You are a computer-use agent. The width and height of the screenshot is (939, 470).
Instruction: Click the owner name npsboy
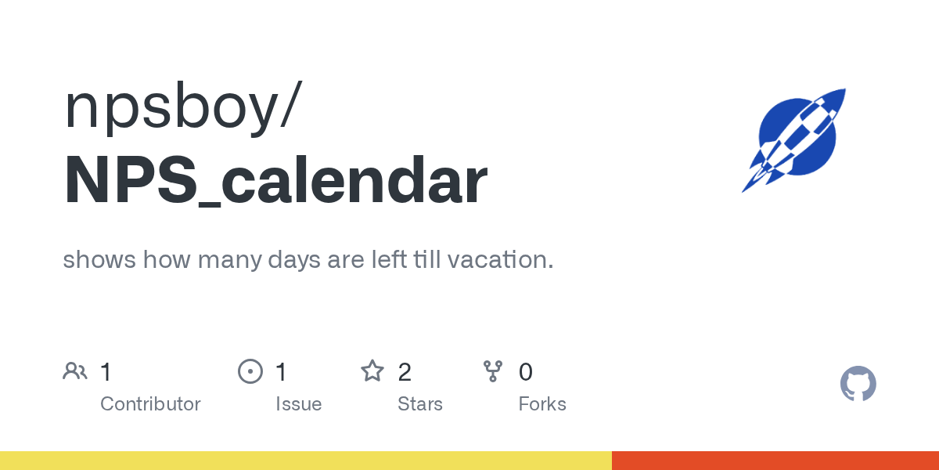coord(172,107)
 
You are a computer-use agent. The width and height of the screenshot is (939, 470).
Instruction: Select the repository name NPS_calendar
coord(275,179)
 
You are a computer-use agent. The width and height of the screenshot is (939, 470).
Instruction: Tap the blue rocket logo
coord(794,140)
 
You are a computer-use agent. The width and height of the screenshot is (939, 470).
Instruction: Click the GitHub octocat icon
coord(858,384)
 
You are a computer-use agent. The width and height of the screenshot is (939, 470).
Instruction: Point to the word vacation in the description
coord(501,259)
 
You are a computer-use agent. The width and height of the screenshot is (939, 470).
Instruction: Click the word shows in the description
coord(99,259)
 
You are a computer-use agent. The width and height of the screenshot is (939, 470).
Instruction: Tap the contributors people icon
coord(75,371)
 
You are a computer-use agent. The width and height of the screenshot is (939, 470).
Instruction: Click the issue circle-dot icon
coord(250,371)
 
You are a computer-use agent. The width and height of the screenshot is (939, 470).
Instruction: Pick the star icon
coord(372,371)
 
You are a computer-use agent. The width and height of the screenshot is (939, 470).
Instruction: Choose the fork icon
coord(493,371)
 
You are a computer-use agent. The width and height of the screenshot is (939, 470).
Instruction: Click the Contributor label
coord(150,404)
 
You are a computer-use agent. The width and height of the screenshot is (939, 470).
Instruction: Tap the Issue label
coord(298,404)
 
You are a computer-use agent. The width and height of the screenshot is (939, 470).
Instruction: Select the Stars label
coord(420,404)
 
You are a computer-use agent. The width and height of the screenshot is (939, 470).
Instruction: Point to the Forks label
coord(542,404)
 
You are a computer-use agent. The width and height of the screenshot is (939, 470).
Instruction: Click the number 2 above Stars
coord(405,372)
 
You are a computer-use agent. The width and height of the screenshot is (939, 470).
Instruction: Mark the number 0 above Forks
coord(526,372)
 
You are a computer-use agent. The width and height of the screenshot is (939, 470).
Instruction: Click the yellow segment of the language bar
coord(306,461)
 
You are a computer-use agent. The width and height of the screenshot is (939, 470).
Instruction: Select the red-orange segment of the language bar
coord(775,461)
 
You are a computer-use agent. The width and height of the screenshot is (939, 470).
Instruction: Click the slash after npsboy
coord(291,104)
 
